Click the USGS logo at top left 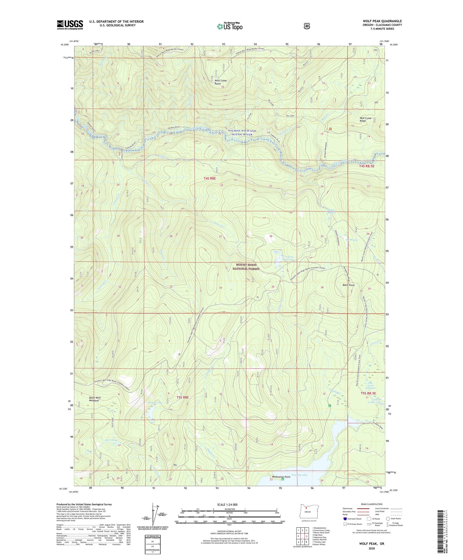tap(70, 25)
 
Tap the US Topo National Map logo tap(230, 26)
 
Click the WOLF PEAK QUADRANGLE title tap(382, 21)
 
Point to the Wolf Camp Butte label tap(221, 82)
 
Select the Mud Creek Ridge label tap(365, 119)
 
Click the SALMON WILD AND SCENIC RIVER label tap(242, 133)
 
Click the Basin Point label tap(348, 285)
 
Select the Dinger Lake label tap(155, 403)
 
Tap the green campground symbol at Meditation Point tap(283, 480)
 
